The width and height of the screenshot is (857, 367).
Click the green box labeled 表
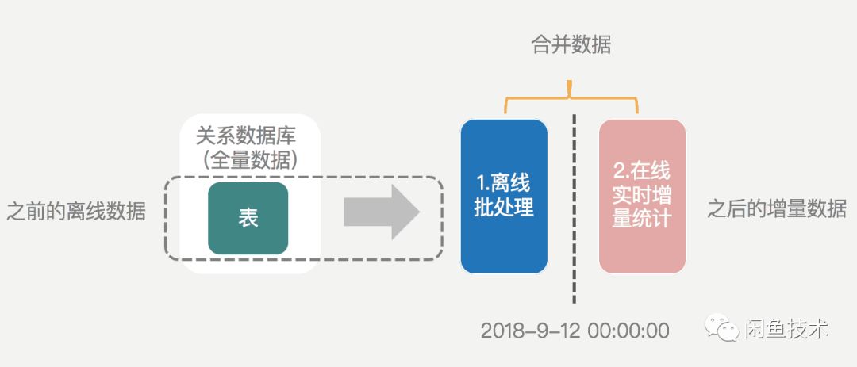(248, 219)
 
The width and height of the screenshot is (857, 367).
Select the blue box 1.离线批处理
(504, 196)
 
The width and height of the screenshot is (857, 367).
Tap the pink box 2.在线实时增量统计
(642, 196)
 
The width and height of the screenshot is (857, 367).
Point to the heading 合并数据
(571, 45)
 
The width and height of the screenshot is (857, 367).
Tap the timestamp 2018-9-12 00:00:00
(575, 330)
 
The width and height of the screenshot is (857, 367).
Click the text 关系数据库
(251, 136)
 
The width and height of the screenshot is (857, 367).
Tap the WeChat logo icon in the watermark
(717, 328)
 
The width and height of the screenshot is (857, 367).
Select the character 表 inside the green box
(248, 219)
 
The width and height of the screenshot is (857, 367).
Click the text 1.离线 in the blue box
(504, 183)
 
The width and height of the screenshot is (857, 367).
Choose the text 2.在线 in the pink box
(642, 170)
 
